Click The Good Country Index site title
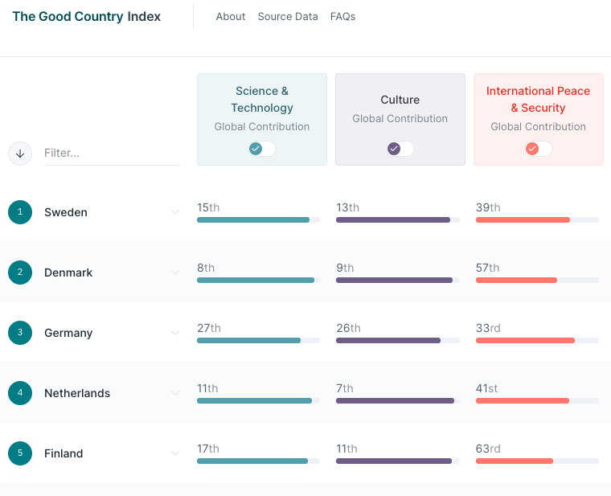point(86,16)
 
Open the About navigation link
point(231,16)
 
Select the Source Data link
point(288,16)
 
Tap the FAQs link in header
point(342,16)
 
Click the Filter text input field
point(112,153)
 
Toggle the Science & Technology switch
point(262,149)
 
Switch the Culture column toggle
point(400,149)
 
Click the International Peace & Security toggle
point(539,149)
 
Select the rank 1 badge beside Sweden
point(20,212)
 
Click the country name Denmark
point(68,273)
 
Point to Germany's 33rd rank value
point(487,328)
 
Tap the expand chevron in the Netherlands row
point(175,393)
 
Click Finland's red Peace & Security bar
point(515,461)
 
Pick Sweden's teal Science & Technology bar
point(253,219)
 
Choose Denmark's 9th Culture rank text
point(345,268)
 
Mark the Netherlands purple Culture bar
point(395,400)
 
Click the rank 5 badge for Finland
point(20,453)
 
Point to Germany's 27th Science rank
point(208,328)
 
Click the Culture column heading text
point(400,100)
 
